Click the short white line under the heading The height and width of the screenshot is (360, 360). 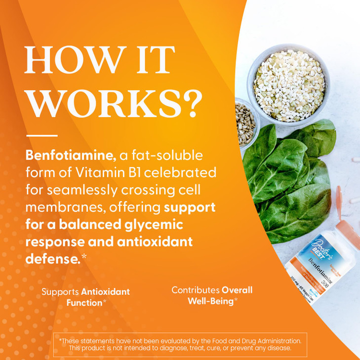pyautogui.click(x=41, y=135)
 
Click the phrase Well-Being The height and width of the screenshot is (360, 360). pyautogui.click(x=210, y=300)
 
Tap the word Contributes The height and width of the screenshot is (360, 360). pyautogui.click(x=195, y=290)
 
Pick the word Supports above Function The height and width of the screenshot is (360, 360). pyautogui.click(x=60, y=291)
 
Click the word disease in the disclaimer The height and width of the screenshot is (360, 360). pyautogui.click(x=279, y=348)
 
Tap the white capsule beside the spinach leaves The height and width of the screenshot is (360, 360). pyautogui.click(x=354, y=160)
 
